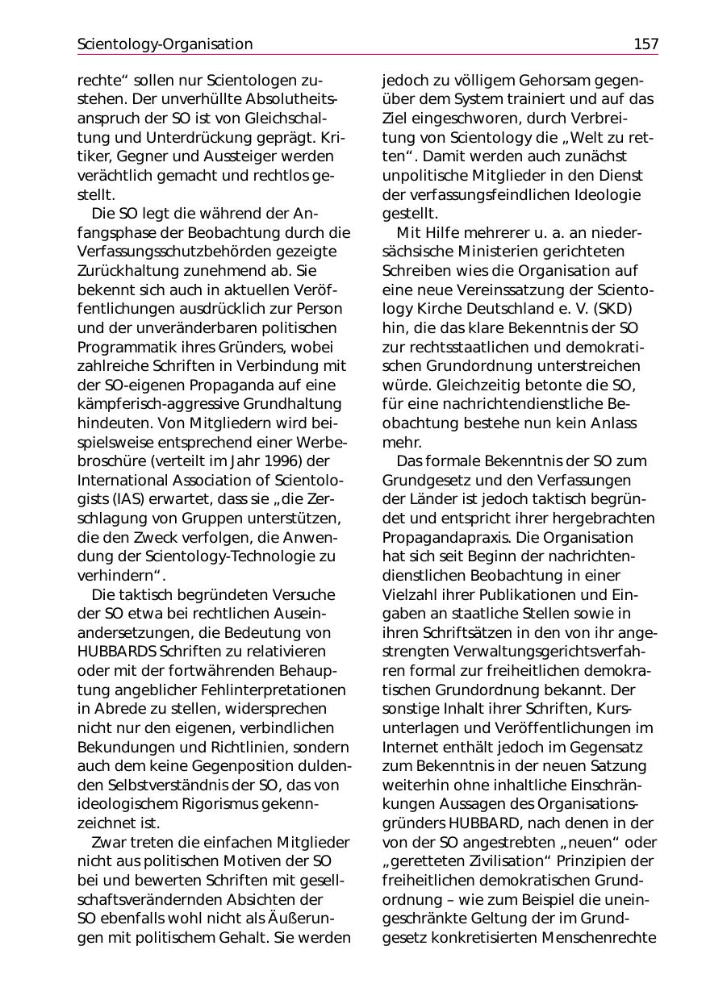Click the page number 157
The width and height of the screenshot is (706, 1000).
pyautogui.click(x=645, y=44)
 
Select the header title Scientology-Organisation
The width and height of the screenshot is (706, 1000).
pyautogui.click(x=165, y=44)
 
